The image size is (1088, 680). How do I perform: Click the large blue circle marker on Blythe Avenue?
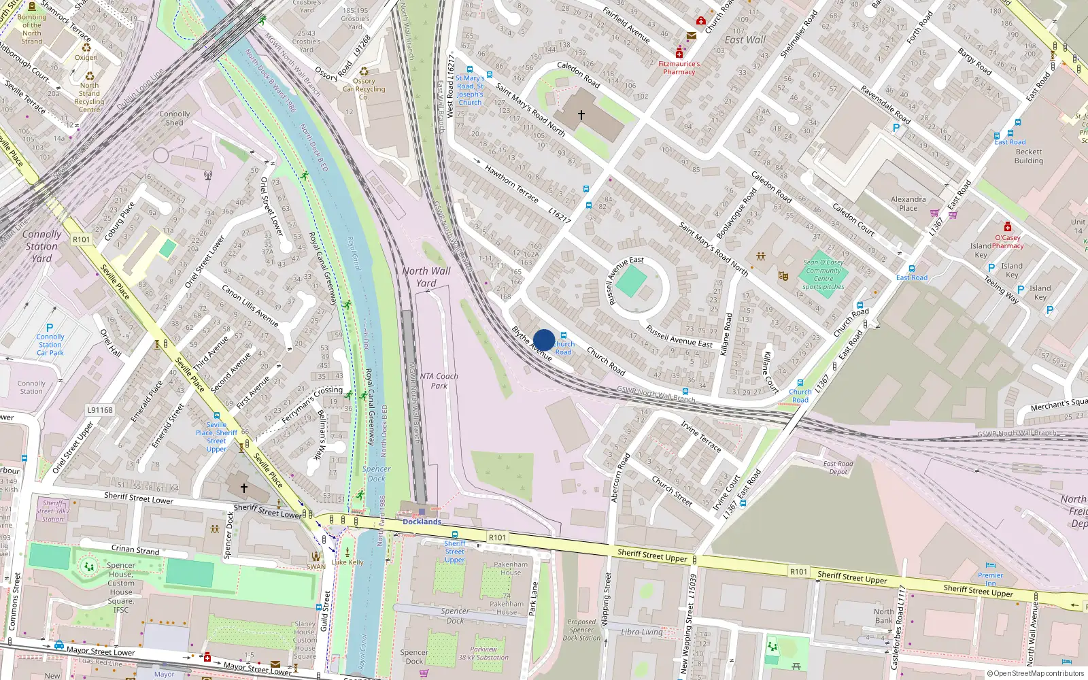point(544,340)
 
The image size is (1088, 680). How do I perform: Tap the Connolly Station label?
point(41,246)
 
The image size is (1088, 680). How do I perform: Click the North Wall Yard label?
point(426,277)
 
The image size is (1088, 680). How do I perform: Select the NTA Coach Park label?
point(439,381)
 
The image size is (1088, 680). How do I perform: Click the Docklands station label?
point(422,522)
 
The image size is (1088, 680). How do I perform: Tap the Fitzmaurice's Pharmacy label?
point(679,67)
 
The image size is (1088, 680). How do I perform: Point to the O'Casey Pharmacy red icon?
point(1008,226)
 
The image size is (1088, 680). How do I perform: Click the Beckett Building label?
point(1028,156)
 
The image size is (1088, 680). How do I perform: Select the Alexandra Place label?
point(908,204)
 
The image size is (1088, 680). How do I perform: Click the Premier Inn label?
point(990,579)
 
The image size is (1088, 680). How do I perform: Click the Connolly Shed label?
point(174,118)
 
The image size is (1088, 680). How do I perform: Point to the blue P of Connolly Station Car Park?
point(49,328)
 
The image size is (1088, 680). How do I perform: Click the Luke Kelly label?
point(348,562)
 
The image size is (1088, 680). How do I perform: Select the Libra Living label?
point(641,632)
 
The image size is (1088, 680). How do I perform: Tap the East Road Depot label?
point(838,468)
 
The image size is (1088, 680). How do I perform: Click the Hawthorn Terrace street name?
point(511,184)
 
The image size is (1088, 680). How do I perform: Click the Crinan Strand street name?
point(135,549)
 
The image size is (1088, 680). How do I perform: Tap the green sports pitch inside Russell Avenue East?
point(632,282)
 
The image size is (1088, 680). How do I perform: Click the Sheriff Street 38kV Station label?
point(53,511)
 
